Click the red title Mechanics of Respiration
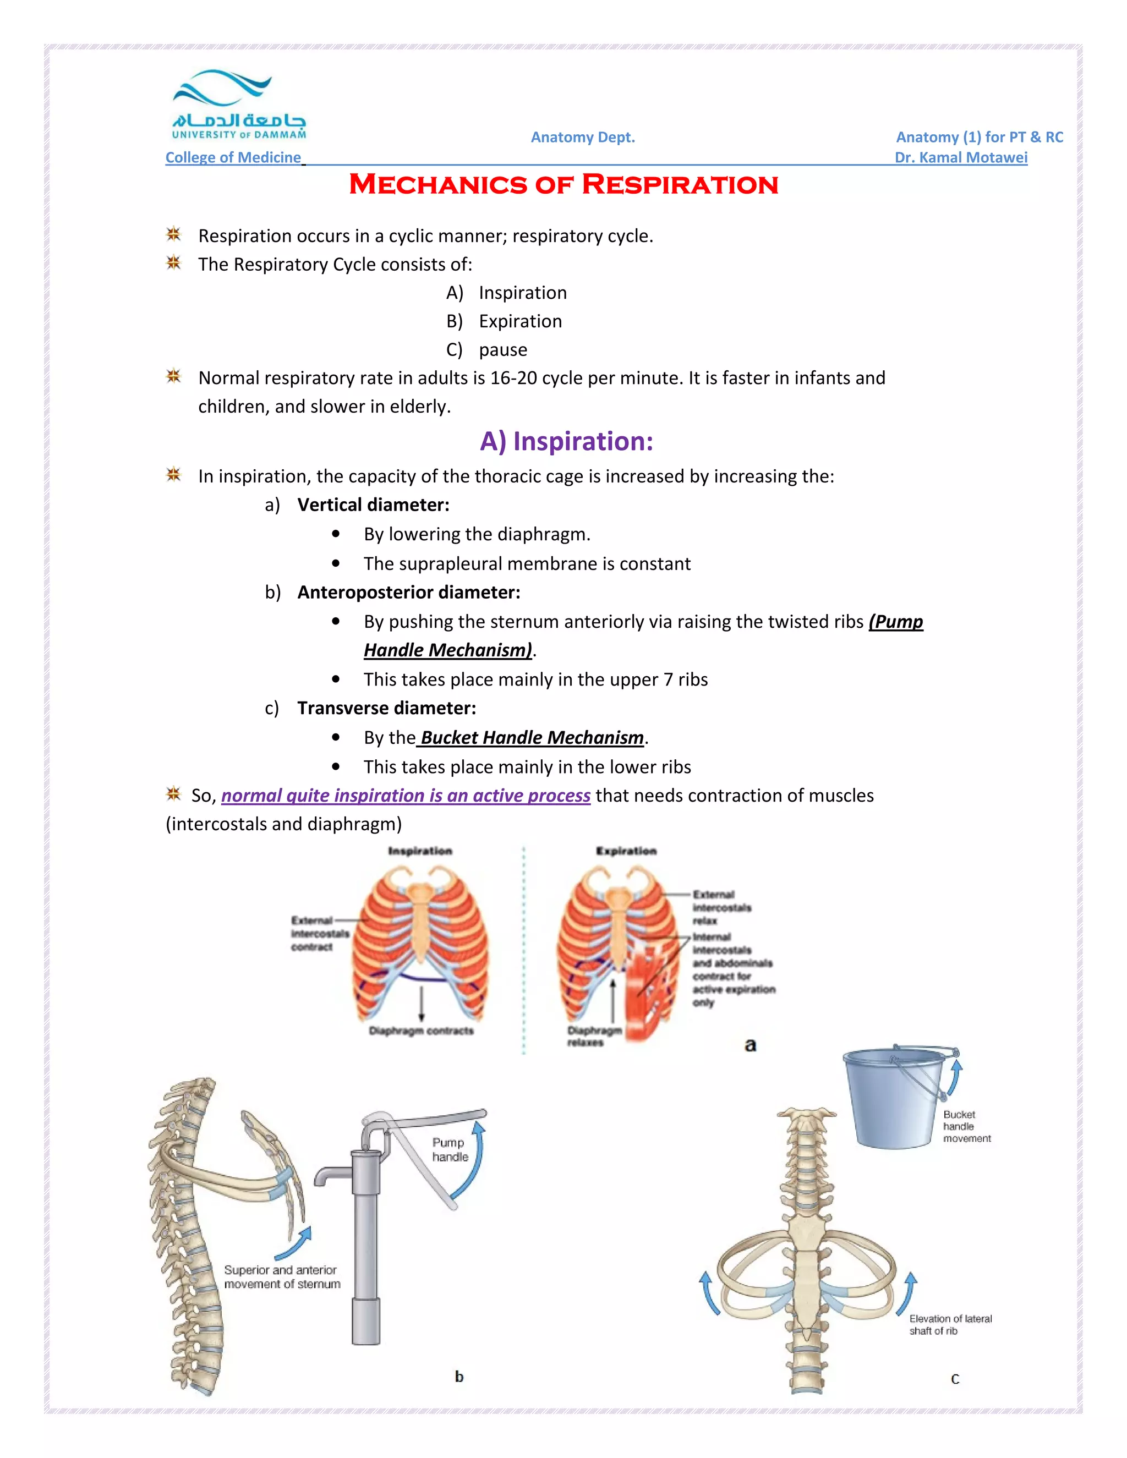[563, 185]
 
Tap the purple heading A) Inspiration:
[566, 441]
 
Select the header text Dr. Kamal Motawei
[960, 157]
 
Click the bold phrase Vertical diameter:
[373, 505]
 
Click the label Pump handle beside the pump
[450, 1149]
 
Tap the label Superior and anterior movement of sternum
[282, 1276]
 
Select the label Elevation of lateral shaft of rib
[949, 1324]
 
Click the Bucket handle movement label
[966, 1126]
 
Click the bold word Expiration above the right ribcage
[626, 851]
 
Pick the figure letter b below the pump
[459, 1376]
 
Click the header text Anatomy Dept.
[582, 138]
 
